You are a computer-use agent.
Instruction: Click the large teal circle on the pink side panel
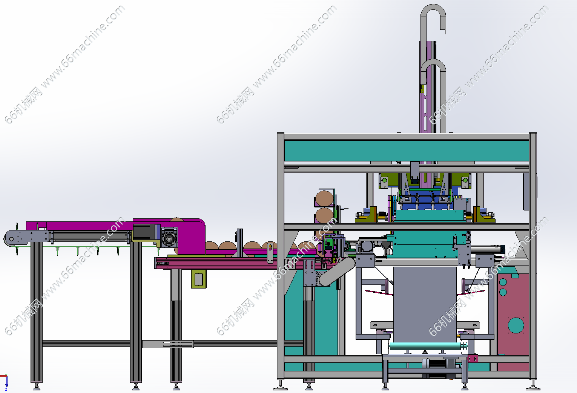click(x=516, y=325)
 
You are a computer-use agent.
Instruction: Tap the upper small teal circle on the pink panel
click(x=503, y=282)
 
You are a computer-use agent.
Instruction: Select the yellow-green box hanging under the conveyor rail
click(x=198, y=279)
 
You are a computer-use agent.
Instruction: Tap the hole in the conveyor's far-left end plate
click(x=11, y=239)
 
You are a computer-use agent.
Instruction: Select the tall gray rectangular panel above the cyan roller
click(x=425, y=305)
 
